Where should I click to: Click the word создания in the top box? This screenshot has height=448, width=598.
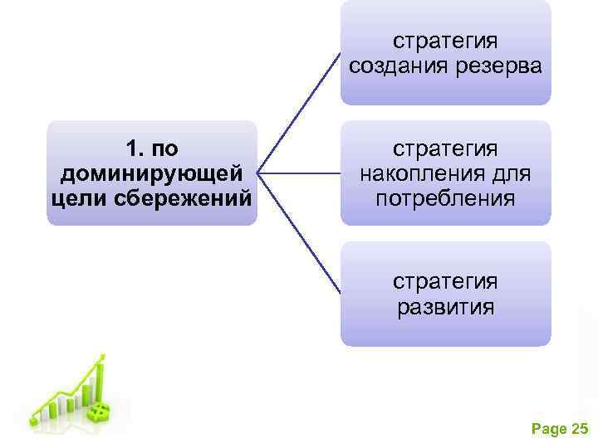click(395, 66)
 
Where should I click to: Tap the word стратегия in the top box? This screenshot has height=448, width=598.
click(445, 40)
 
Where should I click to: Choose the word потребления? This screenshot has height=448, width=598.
click(445, 200)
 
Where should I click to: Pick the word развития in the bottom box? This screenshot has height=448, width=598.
click(445, 308)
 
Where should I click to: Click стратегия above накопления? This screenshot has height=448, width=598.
click(445, 149)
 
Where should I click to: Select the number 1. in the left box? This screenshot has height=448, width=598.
click(134, 149)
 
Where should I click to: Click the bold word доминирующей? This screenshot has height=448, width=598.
click(152, 174)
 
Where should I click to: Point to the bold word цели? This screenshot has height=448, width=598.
click(76, 200)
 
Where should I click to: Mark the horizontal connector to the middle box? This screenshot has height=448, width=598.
click(299, 173)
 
